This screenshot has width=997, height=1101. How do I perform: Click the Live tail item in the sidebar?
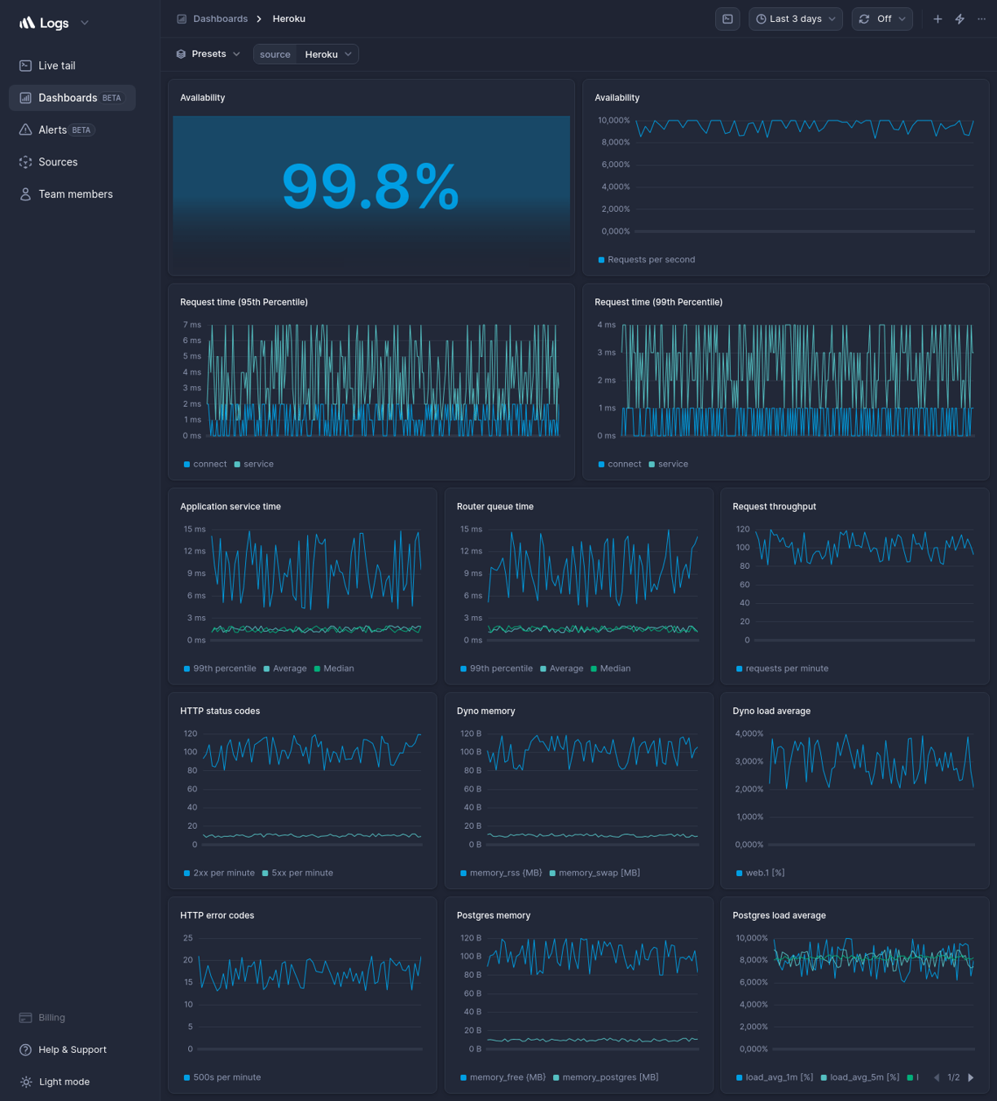coord(56,66)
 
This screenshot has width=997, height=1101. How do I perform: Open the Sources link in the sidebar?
coord(58,162)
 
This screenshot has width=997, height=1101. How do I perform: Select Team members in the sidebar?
coord(75,194)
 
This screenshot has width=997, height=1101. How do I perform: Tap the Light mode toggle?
coord(64,1081)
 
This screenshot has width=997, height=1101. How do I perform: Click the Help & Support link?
coord(72,1050)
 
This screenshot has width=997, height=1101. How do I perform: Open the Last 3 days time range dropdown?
coord(795,19)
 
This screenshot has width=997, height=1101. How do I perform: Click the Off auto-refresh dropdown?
coord(882,19)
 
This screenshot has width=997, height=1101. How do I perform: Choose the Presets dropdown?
coord(209,54)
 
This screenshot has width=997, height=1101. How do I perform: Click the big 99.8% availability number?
coord(371,187)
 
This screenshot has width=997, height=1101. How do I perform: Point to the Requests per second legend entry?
coord(651,260)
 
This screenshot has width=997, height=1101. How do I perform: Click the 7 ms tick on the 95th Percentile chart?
coord(191,325)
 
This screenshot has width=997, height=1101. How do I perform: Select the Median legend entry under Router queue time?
coord(614,668)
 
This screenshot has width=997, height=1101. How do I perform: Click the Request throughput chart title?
coord(774,507)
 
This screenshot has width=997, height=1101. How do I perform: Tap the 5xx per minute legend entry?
coord(301,873)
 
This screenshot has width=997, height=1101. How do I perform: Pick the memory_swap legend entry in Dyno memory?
coord(599,873)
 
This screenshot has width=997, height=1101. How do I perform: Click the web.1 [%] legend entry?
coord(764,873)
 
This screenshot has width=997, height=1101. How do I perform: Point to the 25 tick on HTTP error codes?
coord(188,938)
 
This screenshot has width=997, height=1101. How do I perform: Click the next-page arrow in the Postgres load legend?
coord(971,1077)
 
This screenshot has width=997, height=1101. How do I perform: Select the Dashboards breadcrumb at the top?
coord(220,19)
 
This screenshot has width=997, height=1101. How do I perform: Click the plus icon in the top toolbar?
coord(938,19)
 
